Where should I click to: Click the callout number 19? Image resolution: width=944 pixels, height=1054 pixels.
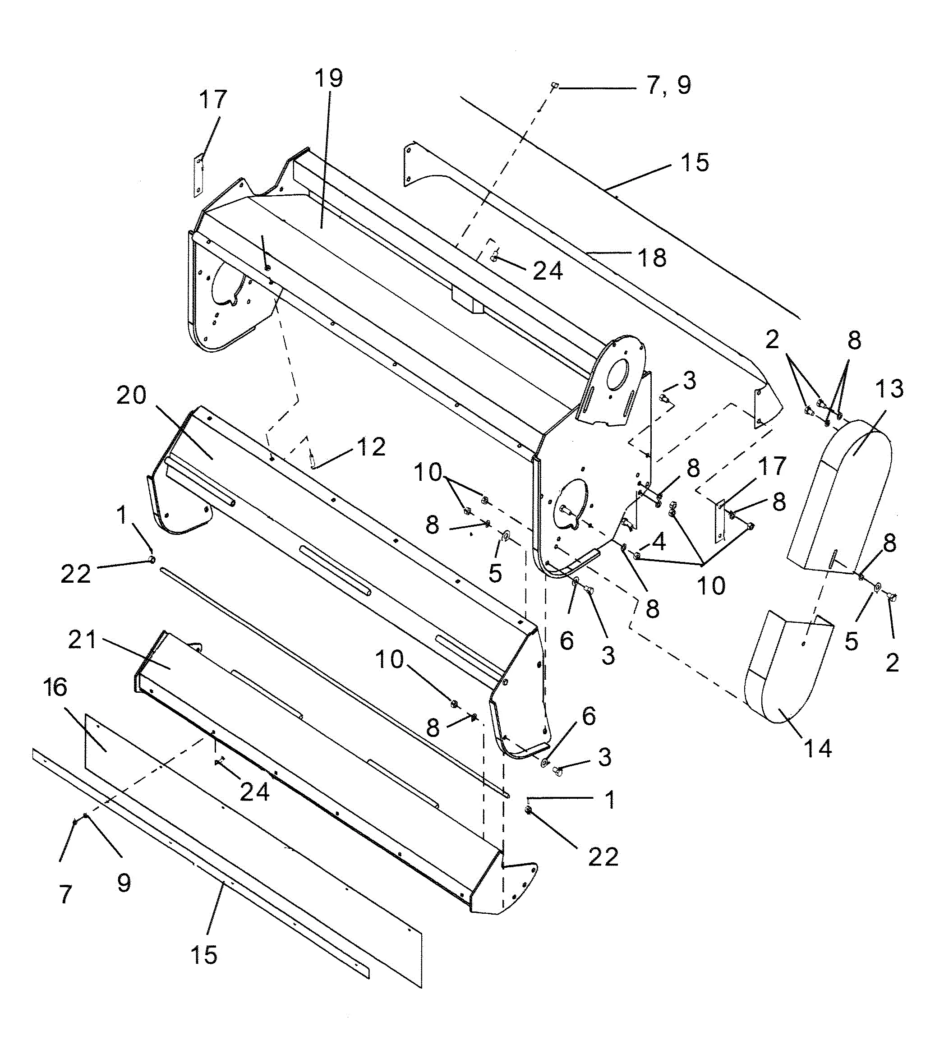329,78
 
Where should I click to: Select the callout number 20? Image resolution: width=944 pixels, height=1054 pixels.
131,396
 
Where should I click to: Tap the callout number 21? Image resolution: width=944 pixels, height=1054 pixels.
83,640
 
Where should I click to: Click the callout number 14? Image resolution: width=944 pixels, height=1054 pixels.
817,749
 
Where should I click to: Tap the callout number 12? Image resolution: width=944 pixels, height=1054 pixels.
371,447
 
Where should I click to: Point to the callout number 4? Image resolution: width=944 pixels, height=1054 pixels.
658,542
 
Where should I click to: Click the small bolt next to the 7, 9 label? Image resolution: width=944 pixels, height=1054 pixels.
554,84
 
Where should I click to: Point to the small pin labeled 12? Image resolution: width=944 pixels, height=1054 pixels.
312,457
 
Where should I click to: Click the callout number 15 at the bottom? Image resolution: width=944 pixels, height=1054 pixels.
204,955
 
